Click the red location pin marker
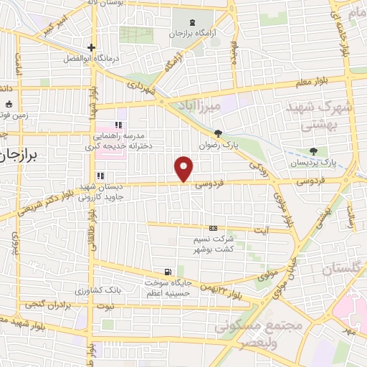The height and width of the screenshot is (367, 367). tap(184, 168)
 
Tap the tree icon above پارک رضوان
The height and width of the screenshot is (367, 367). tap(219, 133)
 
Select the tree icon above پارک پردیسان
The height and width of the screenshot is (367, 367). tap(313, 151)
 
